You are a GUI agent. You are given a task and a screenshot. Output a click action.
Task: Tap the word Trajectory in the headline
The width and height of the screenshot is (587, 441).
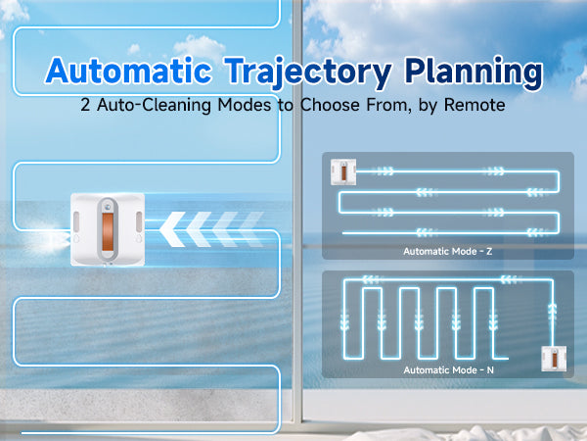click(308, 73)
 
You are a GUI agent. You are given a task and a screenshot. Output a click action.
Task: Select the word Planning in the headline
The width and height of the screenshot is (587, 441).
click(474, 72)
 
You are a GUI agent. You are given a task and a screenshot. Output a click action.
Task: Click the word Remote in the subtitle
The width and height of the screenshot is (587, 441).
click(474, 105)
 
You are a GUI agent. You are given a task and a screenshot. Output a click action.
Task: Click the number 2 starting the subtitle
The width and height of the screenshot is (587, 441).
click(85, 105)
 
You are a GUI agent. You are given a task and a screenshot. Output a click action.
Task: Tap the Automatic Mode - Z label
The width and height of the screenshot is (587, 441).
click(448, 251)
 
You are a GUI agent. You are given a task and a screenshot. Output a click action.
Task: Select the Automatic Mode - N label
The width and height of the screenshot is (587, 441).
click(448, 370)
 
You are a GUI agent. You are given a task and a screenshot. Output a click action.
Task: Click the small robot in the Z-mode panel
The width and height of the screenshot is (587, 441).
click(343, 172)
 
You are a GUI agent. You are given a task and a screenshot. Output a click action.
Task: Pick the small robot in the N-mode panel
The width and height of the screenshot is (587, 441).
click(554, 359)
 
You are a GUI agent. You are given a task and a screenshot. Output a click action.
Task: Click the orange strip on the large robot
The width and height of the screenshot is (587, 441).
click(108, 232)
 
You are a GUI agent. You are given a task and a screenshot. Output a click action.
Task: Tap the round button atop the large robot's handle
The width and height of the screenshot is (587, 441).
click(108, 206)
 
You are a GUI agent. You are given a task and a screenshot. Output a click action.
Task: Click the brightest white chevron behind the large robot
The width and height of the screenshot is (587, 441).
click(172, 229)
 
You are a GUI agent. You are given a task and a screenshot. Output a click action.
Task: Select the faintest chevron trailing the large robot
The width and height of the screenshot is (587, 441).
click(251, 229)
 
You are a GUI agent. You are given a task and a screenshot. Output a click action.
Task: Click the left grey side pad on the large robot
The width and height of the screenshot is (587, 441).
click(76, 222)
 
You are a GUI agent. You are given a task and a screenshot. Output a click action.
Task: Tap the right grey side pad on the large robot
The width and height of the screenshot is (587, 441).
click(139, 222)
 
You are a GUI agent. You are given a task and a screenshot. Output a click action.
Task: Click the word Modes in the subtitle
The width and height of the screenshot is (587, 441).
click(245, 105)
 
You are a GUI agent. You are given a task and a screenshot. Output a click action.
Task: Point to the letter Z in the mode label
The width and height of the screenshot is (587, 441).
click(489, 251)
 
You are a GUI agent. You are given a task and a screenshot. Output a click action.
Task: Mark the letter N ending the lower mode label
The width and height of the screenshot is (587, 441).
click(490, 370)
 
